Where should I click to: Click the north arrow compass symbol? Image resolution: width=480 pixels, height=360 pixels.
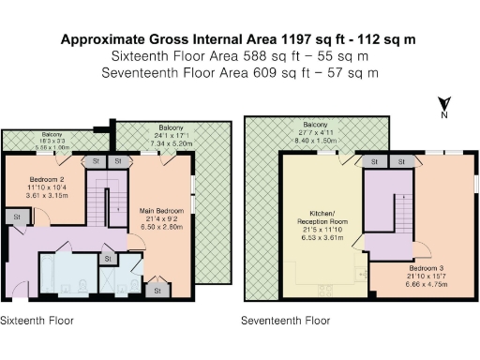pos(448,106)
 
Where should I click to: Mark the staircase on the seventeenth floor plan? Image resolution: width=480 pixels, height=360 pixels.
pos(380,202)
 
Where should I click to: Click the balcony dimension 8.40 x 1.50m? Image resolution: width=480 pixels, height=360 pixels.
pos(315,139)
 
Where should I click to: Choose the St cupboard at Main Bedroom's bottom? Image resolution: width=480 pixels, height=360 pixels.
pos(157,292)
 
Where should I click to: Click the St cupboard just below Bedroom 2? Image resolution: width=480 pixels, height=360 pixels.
pos(17,217)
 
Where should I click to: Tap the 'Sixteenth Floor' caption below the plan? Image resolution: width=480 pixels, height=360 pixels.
pos(37,320)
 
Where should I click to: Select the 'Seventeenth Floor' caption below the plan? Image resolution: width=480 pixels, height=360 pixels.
pos(285,320)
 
